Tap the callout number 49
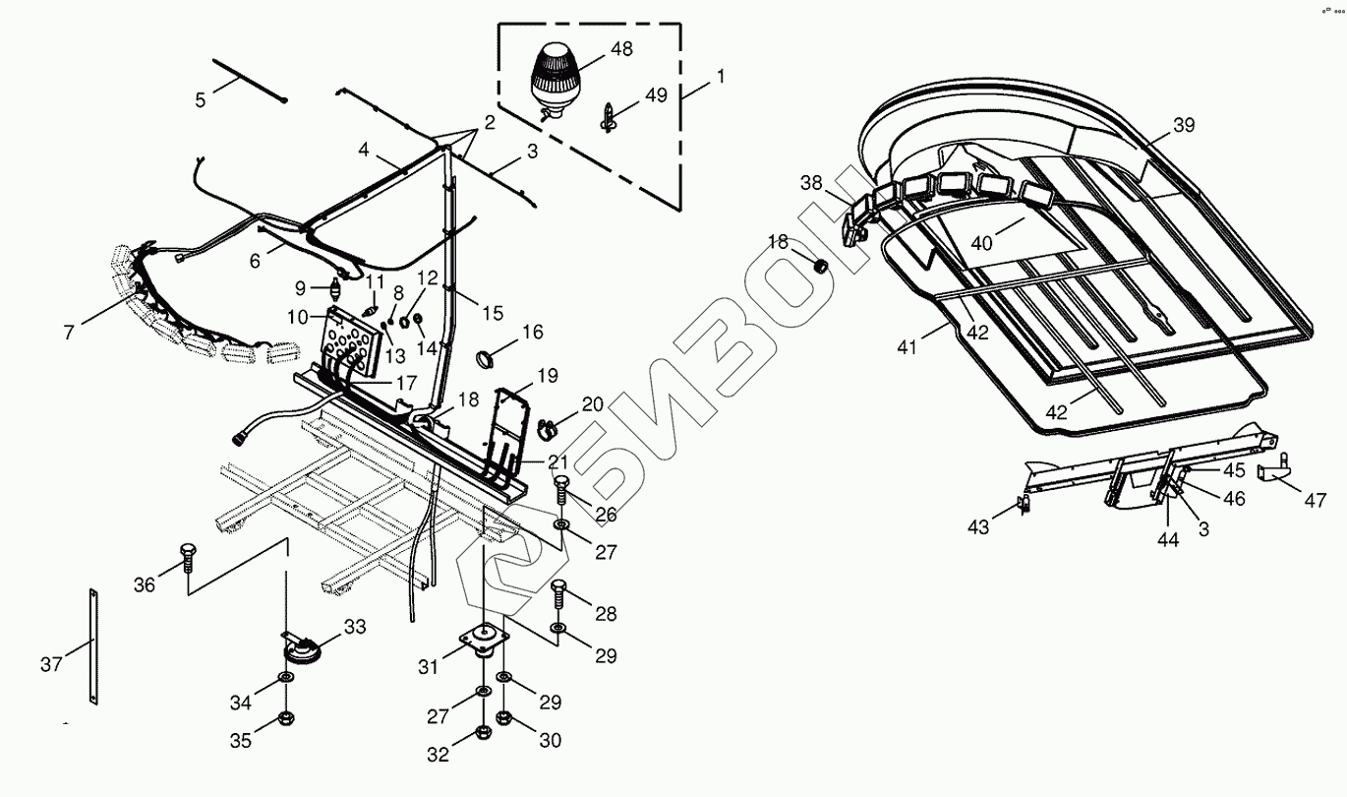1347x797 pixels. coord(656,95)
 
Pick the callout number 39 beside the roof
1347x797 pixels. coord(1184,125)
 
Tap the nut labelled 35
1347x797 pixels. coord(286,717)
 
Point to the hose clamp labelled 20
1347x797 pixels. coord(548,428)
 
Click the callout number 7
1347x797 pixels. coord(69,333)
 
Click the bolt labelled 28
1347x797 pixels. coord(559,593)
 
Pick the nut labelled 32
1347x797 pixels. coord(483,732)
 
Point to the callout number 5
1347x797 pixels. coord(201,99)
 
